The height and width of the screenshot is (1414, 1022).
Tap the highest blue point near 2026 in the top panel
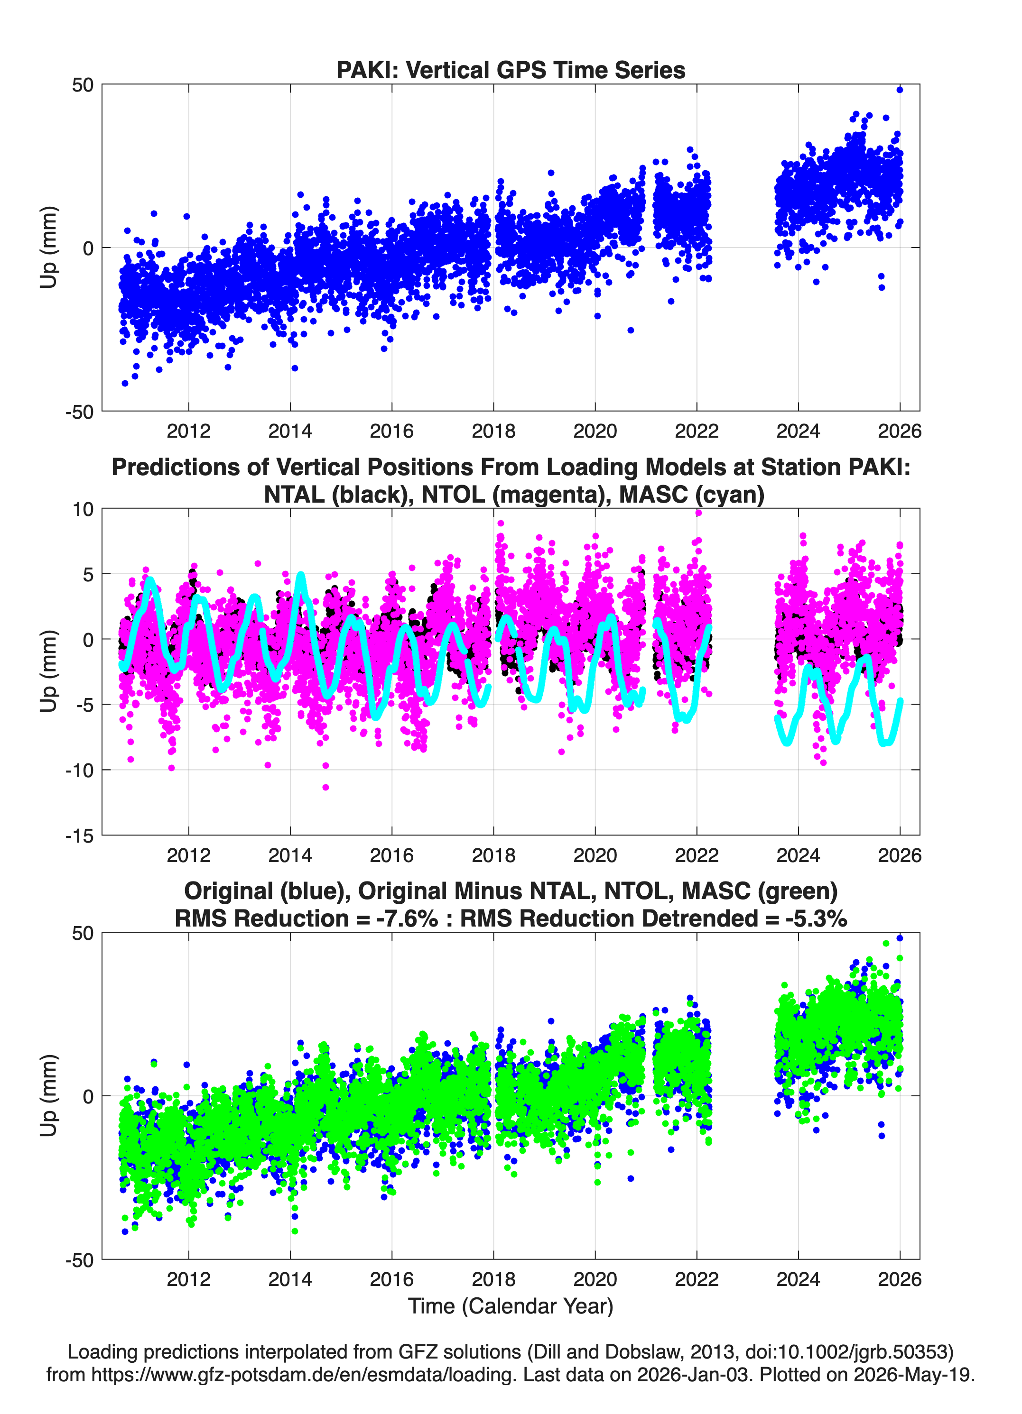899,90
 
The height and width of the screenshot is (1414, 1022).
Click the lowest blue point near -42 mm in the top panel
125,384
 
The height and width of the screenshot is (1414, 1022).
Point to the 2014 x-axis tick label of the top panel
290,431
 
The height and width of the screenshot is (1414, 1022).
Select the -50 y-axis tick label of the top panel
79,412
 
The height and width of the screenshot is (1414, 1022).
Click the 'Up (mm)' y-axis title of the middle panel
49,671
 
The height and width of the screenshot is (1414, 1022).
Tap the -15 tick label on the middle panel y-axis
79,836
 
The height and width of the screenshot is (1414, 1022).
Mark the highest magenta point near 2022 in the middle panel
698,513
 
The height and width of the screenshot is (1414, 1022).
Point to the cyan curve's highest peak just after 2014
301,575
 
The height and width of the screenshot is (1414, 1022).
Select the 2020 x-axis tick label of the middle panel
595,855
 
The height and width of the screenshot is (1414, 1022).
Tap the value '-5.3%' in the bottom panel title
816,918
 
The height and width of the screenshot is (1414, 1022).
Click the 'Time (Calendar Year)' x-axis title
511,1306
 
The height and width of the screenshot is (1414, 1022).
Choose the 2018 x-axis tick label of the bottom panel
493,1279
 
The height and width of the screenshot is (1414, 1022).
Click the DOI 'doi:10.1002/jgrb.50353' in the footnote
836,1352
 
